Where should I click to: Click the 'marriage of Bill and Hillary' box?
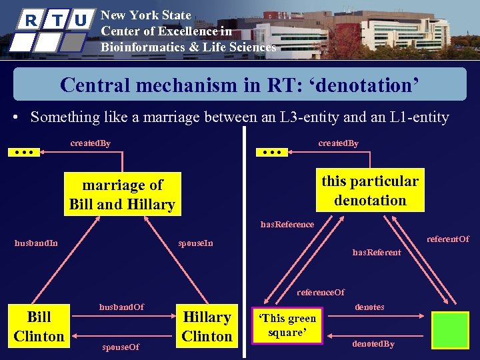point(122,195)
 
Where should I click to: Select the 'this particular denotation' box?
point(370,191)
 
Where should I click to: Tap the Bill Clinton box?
point(39,326)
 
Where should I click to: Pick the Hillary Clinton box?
point(207,326)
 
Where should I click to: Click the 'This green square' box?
point(287,325)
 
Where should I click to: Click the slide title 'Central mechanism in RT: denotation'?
point(239,85)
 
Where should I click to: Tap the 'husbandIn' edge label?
point(36,243)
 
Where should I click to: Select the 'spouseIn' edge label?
point(195,243)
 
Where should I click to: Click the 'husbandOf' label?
point(121,307)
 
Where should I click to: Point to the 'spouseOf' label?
point(121,347)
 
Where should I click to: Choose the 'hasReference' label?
point(287,224)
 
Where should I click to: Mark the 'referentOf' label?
point(448,239)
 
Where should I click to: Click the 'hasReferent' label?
point(377,252)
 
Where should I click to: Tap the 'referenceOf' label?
point(321,292)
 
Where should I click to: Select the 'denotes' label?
point(369,307)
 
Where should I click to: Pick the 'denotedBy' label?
point(373,344)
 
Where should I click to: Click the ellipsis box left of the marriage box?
point(25,152)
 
